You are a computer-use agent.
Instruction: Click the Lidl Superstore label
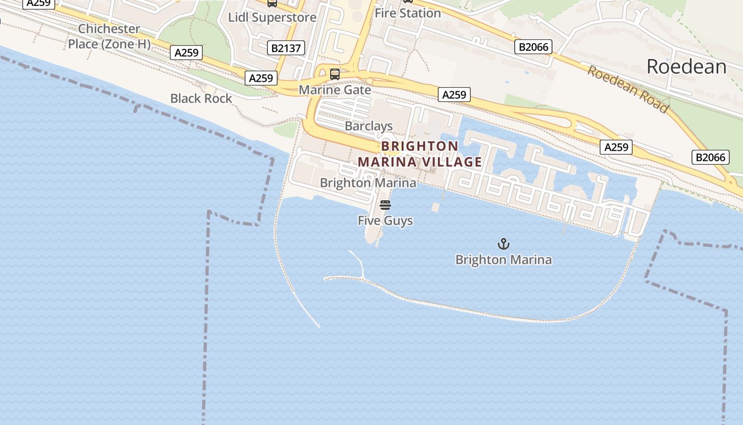(272, 17)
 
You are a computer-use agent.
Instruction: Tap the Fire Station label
(408, 13)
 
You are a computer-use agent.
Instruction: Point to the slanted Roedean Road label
(627, 88)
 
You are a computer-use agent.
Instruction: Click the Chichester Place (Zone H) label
(109, 36)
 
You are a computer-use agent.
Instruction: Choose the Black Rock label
(201, 98)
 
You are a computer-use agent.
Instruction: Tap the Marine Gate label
(335, 90)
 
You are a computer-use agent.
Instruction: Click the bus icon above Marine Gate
(335, 74)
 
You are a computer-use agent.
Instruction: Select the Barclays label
(369, 126)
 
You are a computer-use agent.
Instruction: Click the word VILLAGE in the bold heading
(451, 161)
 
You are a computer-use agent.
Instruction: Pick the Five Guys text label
(385, 220)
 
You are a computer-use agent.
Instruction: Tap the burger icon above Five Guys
(385, 205)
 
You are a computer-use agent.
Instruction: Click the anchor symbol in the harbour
(503, 244)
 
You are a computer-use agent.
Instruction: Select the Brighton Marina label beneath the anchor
(503, 260)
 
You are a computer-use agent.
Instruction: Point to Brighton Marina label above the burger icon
(368, 183)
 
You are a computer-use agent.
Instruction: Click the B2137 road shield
(286, 48)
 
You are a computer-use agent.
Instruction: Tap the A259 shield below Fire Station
(454, 95)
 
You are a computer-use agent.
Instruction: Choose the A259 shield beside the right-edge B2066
(616, 147)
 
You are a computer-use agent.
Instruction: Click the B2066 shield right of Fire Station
(533, 47)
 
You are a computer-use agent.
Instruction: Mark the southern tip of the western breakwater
(319, 326)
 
